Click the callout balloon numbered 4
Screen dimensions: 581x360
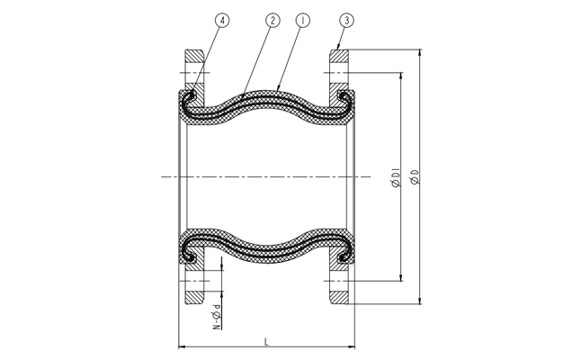pos(222,21)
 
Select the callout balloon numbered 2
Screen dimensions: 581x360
pos(273,21)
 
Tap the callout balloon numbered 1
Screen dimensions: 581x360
pos(303,21)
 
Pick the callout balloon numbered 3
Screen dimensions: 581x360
pos(346,21)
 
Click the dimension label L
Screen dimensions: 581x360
pos(266,341)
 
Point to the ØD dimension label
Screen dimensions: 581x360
pos(415,176)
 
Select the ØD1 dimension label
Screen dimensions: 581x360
pos(396,177)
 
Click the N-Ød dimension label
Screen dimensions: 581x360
pos(217,316)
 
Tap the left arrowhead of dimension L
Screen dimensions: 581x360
pos(182,347)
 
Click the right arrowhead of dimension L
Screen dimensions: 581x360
pos(352,347)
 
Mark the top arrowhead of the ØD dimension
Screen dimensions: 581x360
pos(420,52)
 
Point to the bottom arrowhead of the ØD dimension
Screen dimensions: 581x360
pos(420,301)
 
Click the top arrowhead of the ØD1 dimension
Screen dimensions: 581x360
pos(401,76)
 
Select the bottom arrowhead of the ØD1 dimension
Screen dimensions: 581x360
pos(401,277)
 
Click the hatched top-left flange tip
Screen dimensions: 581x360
pos(194,56)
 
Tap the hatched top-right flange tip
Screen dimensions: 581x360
pos(339,56)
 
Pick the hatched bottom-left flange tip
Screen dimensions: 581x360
pos(194,298)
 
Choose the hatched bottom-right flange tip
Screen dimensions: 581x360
pos(339,298)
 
